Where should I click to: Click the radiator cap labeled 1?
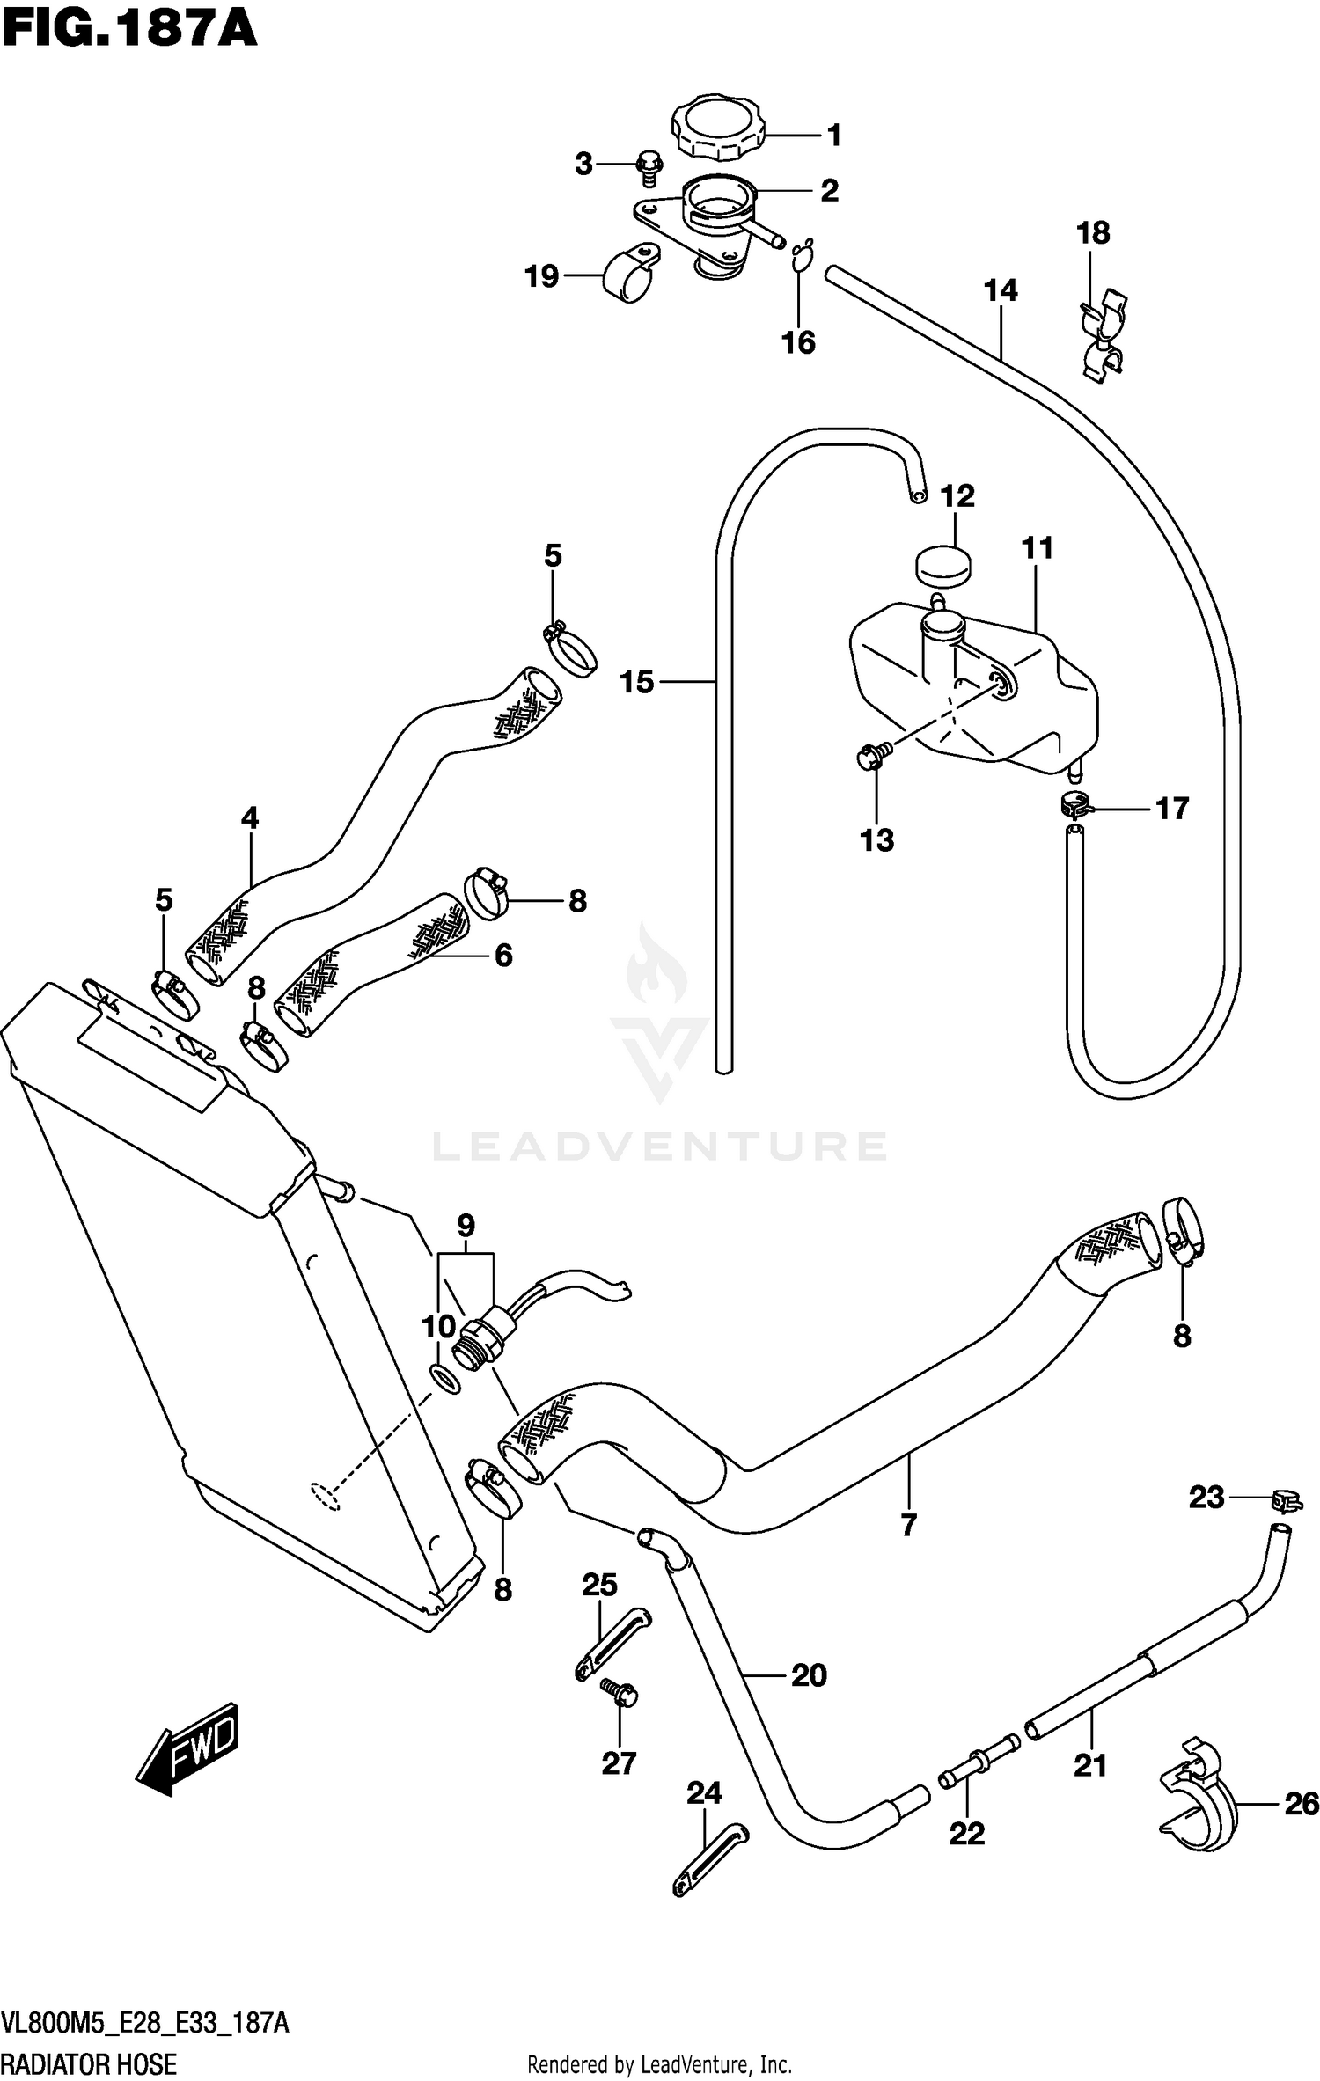[x=716, y=128]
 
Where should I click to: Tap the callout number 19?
[x=542, y=276]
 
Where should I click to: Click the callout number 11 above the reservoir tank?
[x=1038, y=547]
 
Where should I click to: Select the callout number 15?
[x=637, y=681]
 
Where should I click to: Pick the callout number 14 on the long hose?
[x=1001, y=289]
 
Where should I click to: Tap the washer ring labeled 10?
[x=446, y=1379]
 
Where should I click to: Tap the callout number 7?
[x=909, y=1524]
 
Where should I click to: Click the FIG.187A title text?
[x=130, y=28]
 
